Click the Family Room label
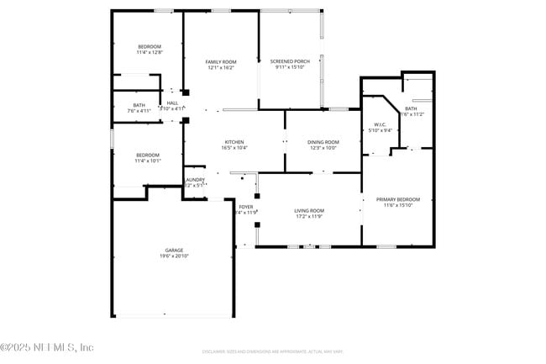click(222, 61)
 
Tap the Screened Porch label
click(289, 61)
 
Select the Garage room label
click(173, 250)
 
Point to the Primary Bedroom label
click(397, 198)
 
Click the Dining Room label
click(323, 141)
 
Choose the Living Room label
click(309, 210)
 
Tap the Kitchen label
click(234, 141)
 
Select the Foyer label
click(246, 206)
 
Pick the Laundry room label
click(195, 179)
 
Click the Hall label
click(172, 103)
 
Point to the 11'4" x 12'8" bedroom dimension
click(149, 52)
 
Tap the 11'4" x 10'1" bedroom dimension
click(148, 161)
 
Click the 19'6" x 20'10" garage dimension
click(173, 256)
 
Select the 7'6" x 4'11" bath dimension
click(139, 110)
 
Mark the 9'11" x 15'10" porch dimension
click(289, 67)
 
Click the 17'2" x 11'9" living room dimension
click(309, 216)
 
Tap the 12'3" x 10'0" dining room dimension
click(323, 147)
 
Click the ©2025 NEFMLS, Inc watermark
click(47, 346)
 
